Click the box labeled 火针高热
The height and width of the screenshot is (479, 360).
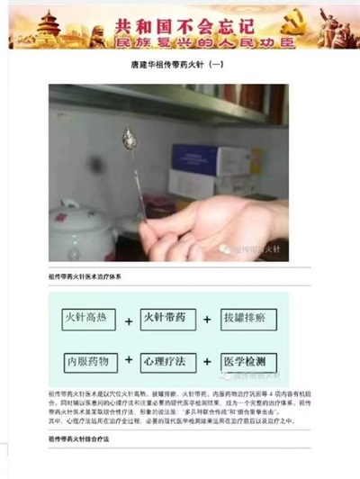pyautogui.click(x=90, y=320)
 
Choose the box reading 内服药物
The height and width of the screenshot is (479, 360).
pyautogui.click(x=90, y=361)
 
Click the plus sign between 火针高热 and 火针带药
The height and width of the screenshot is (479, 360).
pyautogui.click(x=129, y=321)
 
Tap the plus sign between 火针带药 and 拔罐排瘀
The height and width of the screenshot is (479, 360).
pyautogui.click(x=208, y=321)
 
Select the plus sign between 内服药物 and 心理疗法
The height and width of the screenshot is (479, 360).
pyautogui.click(x=129, y=362)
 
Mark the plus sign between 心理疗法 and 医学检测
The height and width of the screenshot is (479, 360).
pyautogui.click(x=208, y=362)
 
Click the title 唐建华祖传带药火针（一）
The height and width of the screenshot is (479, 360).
pyautogui.click(x=179, y=66)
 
